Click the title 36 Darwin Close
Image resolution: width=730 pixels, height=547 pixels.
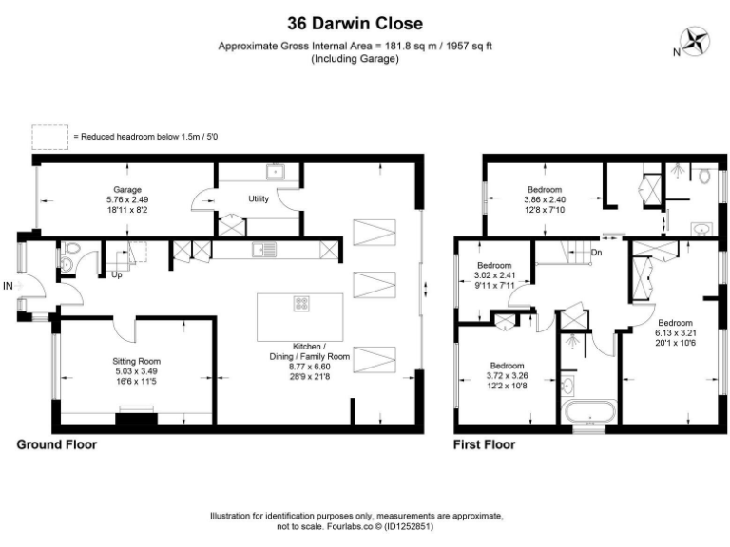(355, 23)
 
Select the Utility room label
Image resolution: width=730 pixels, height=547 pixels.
(259, 199)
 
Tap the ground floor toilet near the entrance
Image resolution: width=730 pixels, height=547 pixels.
(69, 260)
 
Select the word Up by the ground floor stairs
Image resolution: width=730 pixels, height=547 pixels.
(116, 275)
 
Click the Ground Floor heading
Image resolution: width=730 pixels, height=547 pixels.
(56, 443)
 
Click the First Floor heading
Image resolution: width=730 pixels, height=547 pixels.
(485, 443)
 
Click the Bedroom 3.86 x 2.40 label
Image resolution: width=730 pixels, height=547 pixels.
(544, 199)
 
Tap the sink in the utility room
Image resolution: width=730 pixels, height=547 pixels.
(275, 173)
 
